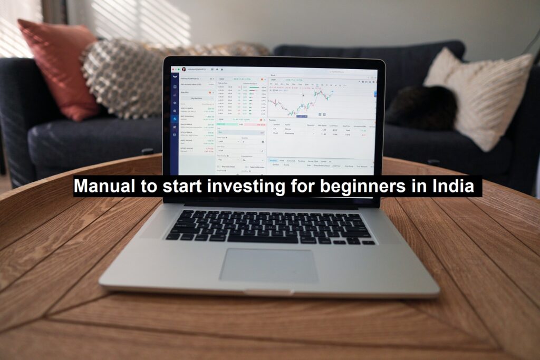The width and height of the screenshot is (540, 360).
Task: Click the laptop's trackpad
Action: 268,265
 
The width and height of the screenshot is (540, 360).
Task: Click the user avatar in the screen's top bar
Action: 184,69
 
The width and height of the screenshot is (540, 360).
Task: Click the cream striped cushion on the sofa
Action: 483,95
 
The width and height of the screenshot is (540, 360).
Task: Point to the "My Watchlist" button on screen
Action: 196,98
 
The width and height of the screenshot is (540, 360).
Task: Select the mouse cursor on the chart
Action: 303,95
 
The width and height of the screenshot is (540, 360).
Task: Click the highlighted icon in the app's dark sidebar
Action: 175,119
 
